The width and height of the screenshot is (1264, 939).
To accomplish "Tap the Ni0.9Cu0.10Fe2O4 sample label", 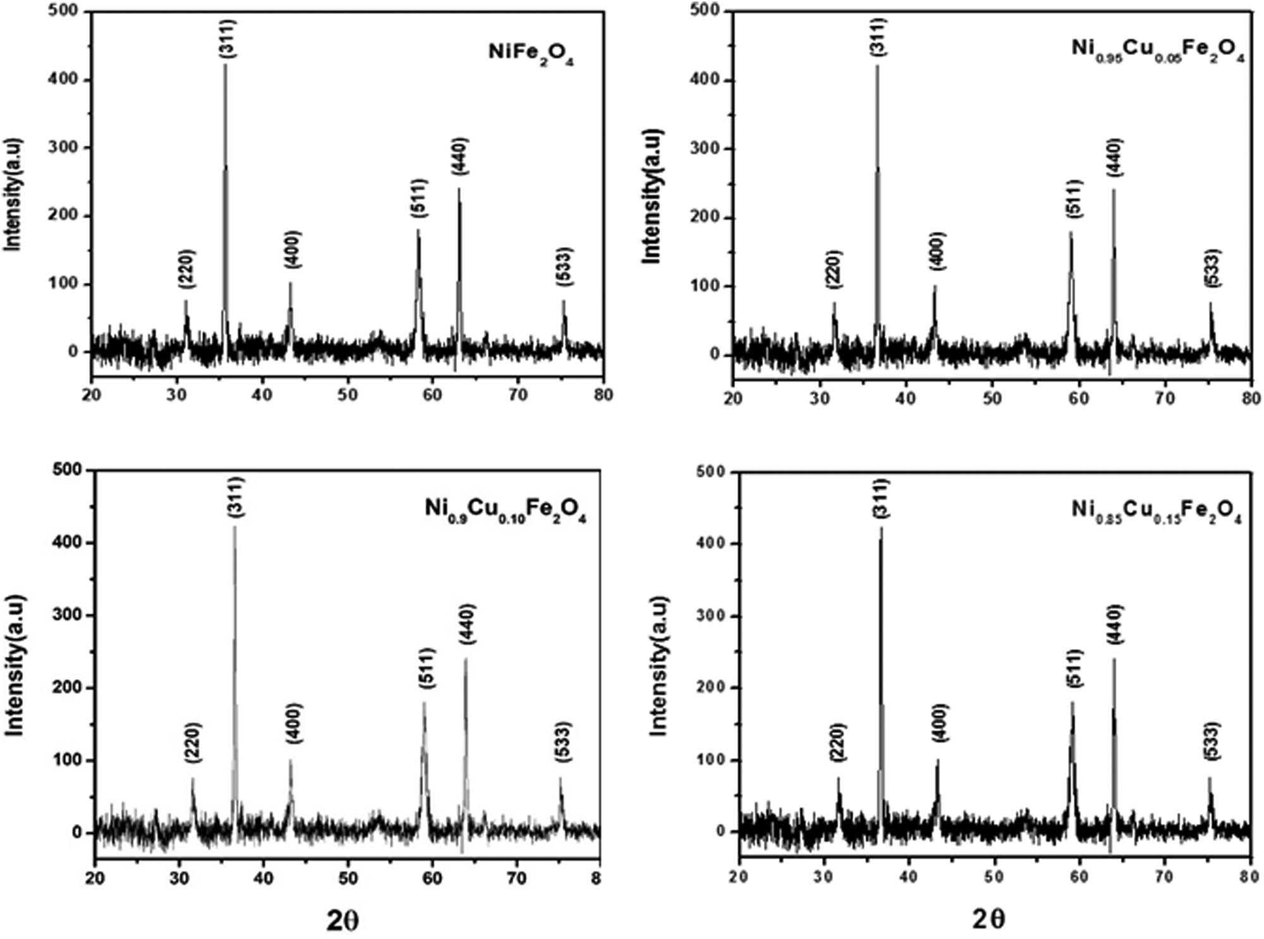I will click(x=505, y=510).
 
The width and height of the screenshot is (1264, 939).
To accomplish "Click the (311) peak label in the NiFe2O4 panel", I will click(x=228, y=39).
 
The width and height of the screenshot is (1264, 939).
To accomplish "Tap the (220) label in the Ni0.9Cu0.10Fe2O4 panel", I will click(x=193, y=741).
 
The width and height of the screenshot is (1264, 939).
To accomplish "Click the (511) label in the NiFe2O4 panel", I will click(x=418, y=198).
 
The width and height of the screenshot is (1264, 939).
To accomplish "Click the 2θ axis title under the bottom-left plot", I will click(x=343, y=921).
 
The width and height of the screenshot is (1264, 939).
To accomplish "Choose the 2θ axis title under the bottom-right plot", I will click(x=988, y=919).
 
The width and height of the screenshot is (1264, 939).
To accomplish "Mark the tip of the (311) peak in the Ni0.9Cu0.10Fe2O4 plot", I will click(x=234, y=527).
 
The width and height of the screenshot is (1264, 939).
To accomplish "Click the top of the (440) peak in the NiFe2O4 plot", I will click(x=459, y=188).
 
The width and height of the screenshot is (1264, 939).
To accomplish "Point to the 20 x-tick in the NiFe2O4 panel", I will click(x=92, y=395).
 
